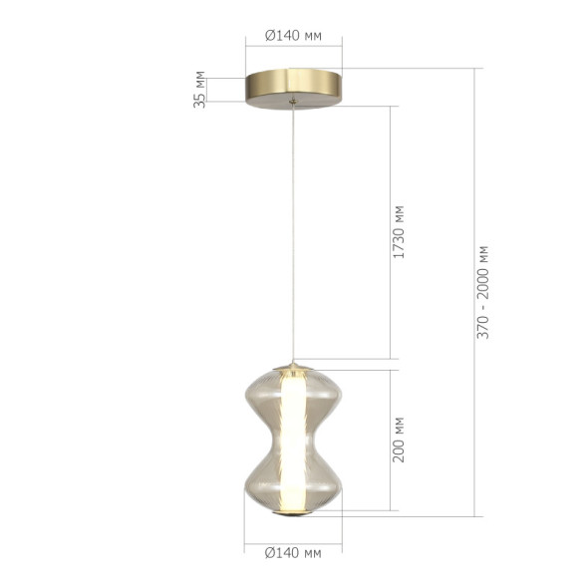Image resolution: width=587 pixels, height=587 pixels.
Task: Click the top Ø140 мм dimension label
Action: point(293,34)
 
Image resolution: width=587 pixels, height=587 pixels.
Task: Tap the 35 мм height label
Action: point(200,88)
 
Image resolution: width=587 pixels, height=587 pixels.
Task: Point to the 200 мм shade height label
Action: point(400,440)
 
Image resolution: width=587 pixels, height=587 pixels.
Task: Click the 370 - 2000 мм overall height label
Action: point(483,291)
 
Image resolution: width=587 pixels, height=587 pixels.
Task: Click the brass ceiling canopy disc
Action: point(293,84)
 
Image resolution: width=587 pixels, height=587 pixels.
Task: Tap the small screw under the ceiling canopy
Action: point(292,101)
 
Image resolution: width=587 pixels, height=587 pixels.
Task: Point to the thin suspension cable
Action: point(293,229)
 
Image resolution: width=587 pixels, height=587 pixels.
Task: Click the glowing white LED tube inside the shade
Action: point(293,439)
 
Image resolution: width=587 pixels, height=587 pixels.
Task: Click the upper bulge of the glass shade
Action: point(261,399)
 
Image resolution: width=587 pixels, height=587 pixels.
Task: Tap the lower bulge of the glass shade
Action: point(261,483)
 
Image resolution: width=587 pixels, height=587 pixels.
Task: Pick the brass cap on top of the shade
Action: point(293,366)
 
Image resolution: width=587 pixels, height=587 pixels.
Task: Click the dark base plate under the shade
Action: point(293,515)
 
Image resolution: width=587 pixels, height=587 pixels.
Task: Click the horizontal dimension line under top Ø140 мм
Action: point(293,46)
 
